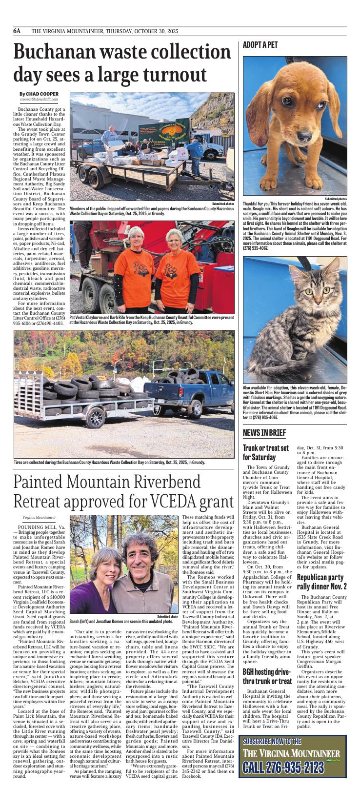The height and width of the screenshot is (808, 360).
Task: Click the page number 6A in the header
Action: tap(18, 31)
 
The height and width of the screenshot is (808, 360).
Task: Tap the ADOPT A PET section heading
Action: tap(260, 45)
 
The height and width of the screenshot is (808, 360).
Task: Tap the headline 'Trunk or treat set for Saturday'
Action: tap(266, 452)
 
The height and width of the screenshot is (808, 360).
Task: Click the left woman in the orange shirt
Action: tap(135, 263)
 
